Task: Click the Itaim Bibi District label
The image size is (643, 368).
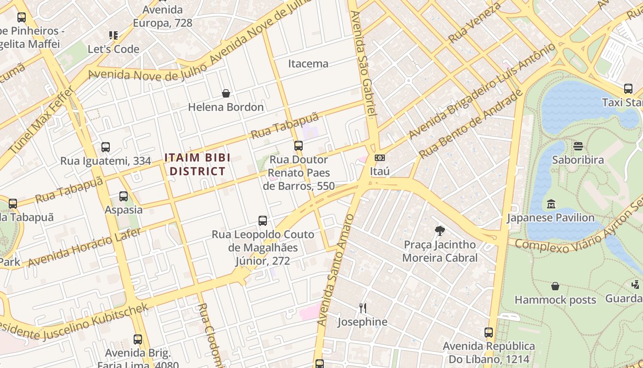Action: [x=195, y=165]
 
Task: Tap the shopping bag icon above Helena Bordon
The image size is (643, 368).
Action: [x=226, y=94]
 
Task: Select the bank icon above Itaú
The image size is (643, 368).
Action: [x=380, y=158]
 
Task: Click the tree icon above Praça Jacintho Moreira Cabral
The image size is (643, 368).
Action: [x=440, y=231]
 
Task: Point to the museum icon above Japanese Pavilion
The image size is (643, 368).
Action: [x=551, y=204]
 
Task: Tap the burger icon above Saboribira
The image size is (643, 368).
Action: [x=578, y=147]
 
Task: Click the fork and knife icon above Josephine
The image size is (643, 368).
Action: [x=362, y=308]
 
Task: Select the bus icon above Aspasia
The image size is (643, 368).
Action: [x=124, y=196]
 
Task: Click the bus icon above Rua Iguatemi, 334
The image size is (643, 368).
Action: [x=106, y=147]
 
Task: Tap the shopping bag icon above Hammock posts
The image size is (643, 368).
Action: [x=555, y=286]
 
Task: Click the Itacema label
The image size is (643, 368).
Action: [x=308, y=63]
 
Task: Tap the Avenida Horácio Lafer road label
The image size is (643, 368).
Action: [x=85, y=247]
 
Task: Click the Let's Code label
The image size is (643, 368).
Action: [x=113, y=49]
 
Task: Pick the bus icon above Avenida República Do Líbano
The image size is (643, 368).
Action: [x=489, y=333]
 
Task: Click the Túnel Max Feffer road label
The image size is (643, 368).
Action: [x=41, y=120]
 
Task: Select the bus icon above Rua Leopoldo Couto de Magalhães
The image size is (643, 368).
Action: [x=263, y=221]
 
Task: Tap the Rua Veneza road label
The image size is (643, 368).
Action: [x=475, y=22]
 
